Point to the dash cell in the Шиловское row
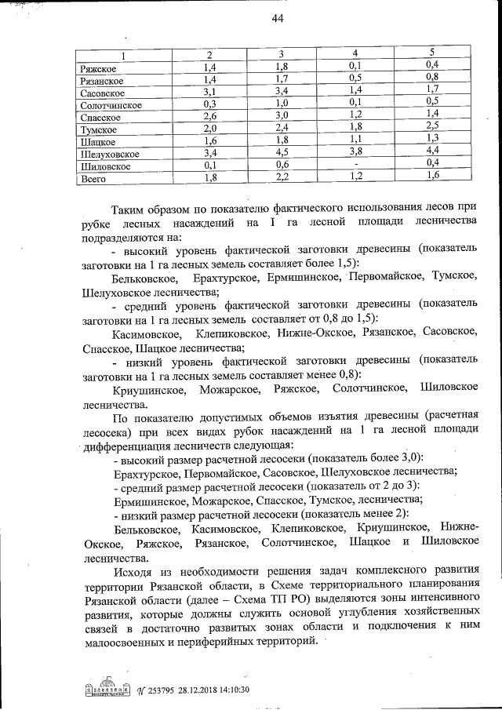point(355,166)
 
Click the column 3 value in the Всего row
point(282,177)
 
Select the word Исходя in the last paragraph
point(135,570)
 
